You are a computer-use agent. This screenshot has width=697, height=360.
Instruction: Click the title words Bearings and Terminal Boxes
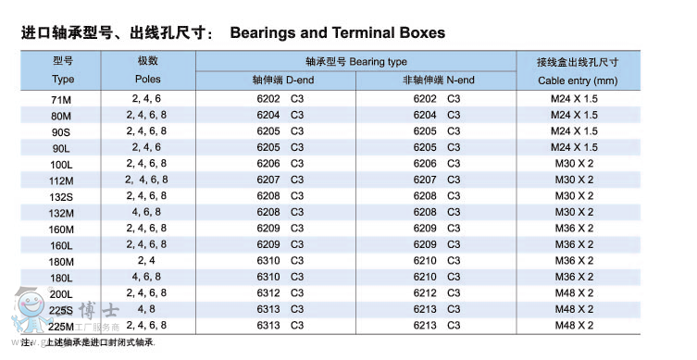point(337,33)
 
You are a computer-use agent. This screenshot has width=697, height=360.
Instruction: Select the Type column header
point(63,81)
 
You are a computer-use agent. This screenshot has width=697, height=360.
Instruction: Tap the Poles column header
point(147,81)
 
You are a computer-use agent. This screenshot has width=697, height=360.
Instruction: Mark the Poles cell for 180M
point(147,260)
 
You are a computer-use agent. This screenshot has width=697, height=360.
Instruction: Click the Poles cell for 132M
point(147,212)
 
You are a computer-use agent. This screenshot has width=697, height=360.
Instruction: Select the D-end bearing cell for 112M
point(280,180)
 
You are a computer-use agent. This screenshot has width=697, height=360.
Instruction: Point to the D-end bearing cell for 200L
point(280,293)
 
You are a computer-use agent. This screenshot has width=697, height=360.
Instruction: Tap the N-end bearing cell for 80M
point(437,115)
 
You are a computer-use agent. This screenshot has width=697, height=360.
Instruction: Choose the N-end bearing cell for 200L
point(437,293)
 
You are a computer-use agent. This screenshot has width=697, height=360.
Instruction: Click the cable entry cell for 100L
point(575,163)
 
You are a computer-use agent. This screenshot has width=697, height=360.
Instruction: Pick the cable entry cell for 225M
point(575,325)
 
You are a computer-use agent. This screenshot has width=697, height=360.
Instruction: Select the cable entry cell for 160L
point(575,244)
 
